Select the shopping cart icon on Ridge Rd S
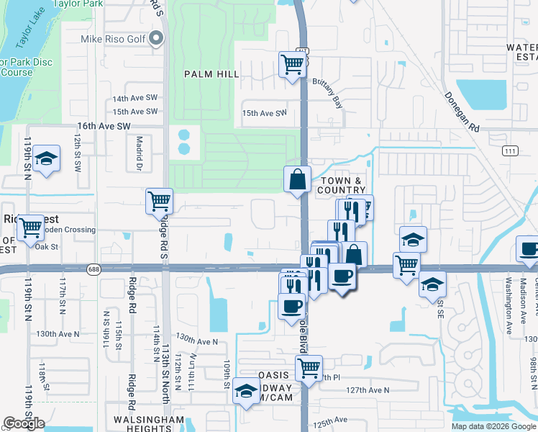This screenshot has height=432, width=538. (x=159, y=201)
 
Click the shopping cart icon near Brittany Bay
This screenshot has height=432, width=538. (x=292, y=64)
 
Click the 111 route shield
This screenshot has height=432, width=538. (x=510, y=150)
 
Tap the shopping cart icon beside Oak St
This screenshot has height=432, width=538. (x=30, y=228)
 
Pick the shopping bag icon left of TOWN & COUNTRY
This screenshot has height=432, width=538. (x=297, y=179)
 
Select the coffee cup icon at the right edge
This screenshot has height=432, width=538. (x=529, y=249)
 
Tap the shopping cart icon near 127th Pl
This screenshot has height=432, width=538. (x=309, y=368)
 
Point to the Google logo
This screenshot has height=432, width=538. (x=24, y=423)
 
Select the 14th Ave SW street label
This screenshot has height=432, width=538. (x=134, y=99)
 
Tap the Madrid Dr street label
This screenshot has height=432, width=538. (x=140, y=153)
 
